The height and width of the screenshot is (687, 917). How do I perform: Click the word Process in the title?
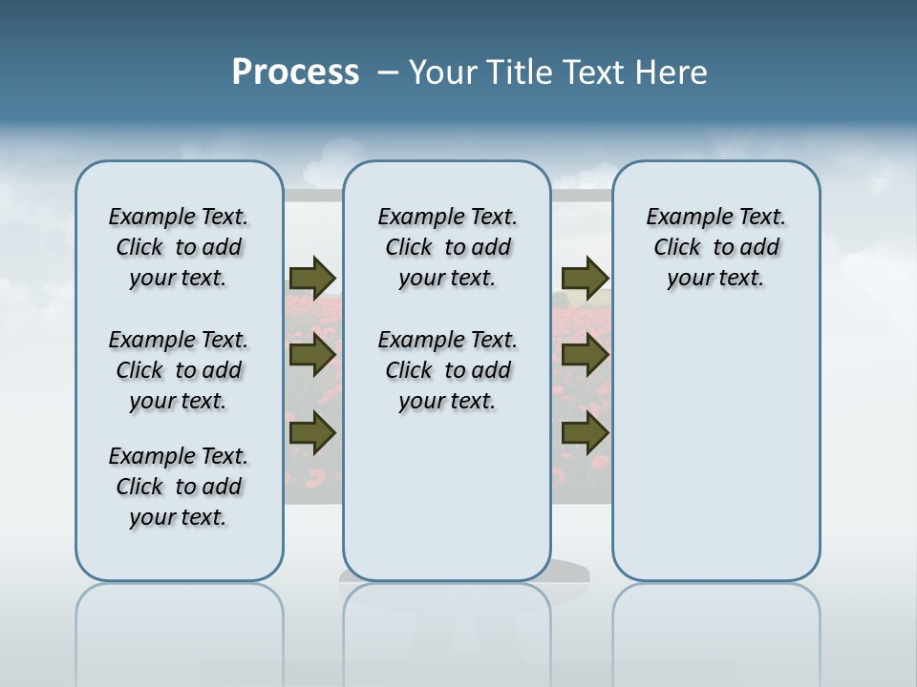click(x=295, y=72)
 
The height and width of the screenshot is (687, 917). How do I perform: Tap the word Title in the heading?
click(x=522, y=73)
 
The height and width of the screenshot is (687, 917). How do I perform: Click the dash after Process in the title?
click(x=388, y=73)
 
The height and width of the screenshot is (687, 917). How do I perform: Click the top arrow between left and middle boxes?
click(x=312, y=278)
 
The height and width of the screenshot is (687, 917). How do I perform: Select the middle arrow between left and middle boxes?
click(x=312, y=355)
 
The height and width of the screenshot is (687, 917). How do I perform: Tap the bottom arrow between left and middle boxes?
click(x=312, y=433)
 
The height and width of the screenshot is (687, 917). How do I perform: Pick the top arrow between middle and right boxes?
click(x=586, y=278)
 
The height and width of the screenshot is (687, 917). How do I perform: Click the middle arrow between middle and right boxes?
click(x=586, y=355)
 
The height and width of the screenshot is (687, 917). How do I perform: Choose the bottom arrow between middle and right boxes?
click(x=586, y=433)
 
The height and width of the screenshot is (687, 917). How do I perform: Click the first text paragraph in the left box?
click(x=179, y=247)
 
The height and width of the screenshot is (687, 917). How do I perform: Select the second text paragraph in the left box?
click(x=179, y=370)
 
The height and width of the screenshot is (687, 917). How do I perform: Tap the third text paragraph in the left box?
click(x=179, y=487)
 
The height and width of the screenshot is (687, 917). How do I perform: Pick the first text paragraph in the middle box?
click(x=447, y=247)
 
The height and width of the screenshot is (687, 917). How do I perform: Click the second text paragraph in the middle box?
click(x=447, y=370)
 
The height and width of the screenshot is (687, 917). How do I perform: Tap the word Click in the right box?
click(x=677, y=248)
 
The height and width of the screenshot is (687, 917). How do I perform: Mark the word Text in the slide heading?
click(x=596, y=73)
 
